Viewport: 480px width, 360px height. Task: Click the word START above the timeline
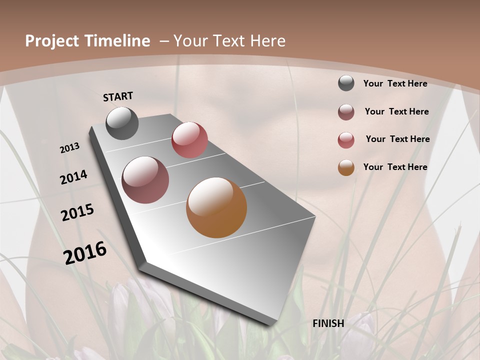click(x=118, y=96)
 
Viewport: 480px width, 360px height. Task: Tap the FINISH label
click(x=328, y=323)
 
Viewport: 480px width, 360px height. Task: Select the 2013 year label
click(x=70, y=148)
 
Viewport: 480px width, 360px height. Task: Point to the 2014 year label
click(x=74, y=177)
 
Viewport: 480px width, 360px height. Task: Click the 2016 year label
click(x=85, y=253)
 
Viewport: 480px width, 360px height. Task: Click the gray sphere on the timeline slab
click(x=122, y=123)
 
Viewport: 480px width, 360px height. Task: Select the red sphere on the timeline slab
click(x=189, y=140)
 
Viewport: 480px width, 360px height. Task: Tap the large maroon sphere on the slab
click(x=145, y=180)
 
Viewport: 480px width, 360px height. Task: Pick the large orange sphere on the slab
click(x=216, y=207)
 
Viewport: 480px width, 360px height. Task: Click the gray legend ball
click(x=346, y=83)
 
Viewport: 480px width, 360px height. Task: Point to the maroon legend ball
click(x=346, y=112)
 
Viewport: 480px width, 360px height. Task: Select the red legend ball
click(x=346, y=140)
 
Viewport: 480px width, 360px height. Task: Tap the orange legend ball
click(x=346, y=167)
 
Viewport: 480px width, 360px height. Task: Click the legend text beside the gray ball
click(x=395, y=83)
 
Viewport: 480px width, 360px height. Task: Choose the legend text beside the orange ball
click(x=395, y=167)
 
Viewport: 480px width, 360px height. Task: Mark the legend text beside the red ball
click(x=397, y=139)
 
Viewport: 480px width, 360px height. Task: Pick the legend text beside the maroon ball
click(x=396, y=111)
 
